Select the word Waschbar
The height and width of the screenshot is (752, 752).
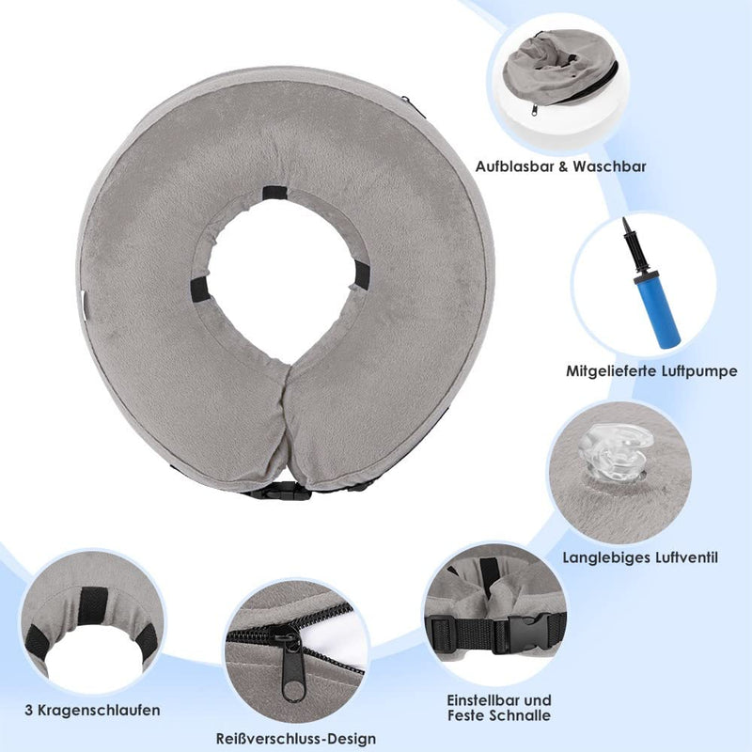click(609, 166)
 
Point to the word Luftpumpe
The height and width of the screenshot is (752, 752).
click(700, 371)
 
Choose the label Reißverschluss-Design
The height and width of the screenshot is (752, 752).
click(296, 739)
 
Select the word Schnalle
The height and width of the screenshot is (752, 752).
click(524, 715)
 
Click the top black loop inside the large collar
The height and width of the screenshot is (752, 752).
click(274, 193)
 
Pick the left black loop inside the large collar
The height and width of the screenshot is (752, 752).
click(199, 290)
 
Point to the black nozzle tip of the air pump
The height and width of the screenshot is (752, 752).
click(625, 225)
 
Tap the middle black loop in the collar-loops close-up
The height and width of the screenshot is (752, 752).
click(92, 606)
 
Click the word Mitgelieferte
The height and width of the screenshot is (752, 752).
click(613, 371)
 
